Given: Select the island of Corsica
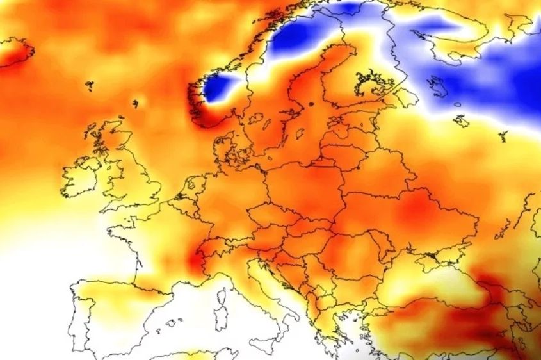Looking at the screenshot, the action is click(222, 296).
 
